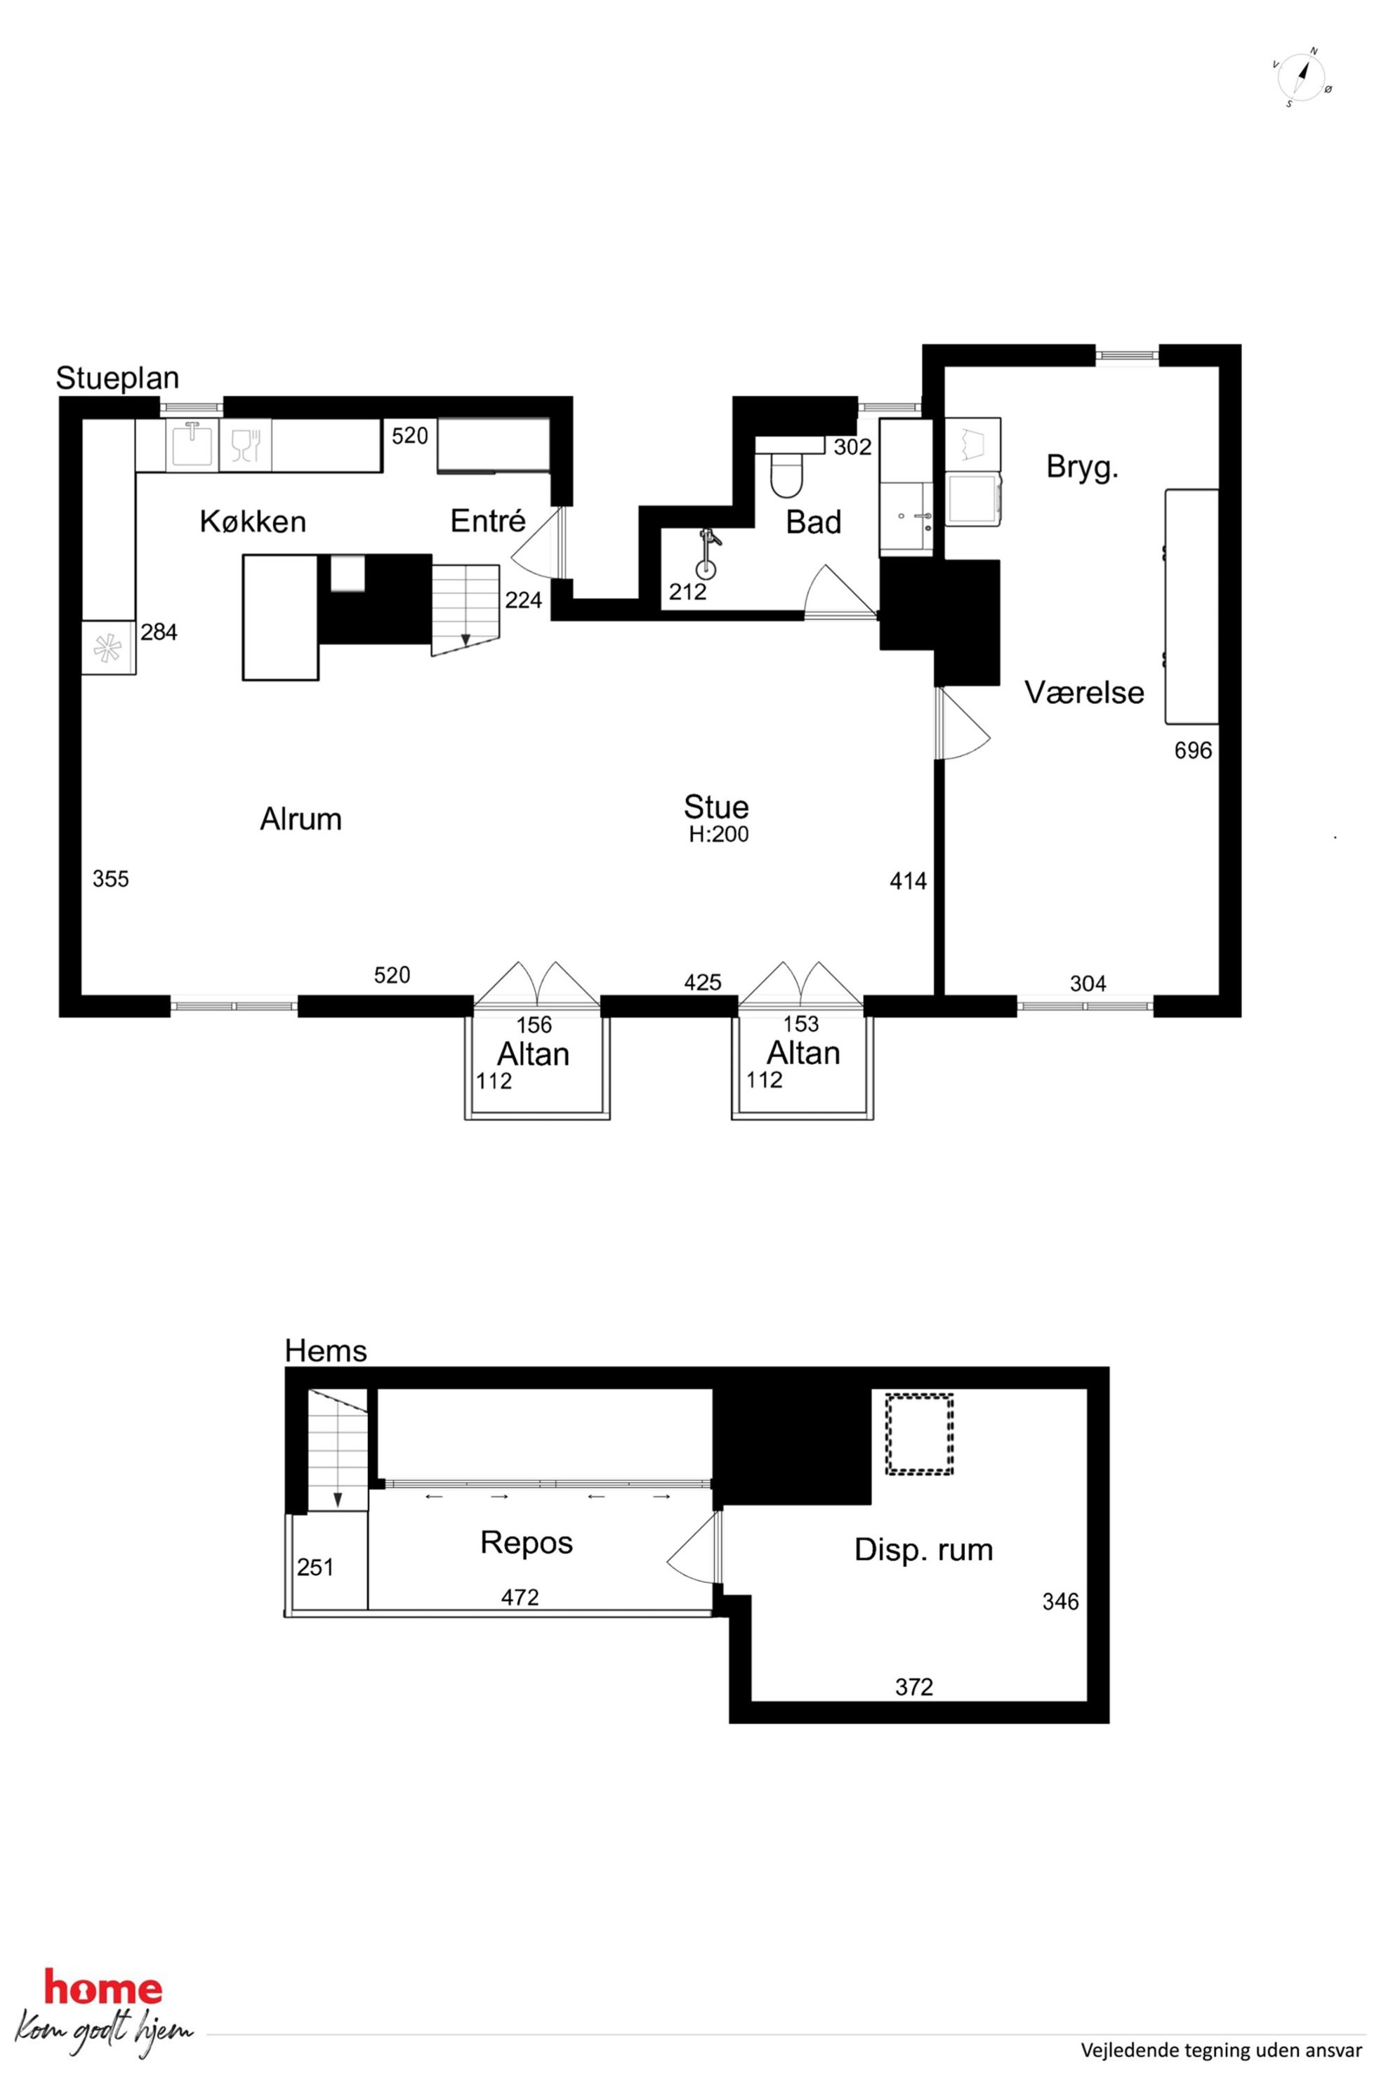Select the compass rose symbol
click(1302, 78)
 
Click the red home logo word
click(103, 1989)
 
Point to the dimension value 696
click(1192, 750)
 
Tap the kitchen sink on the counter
click(191, 444)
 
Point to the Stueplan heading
click(117, 378)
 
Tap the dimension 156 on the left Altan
click(534, 1025)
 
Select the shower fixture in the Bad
click(706, 555)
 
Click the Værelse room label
click(1084, 693)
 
